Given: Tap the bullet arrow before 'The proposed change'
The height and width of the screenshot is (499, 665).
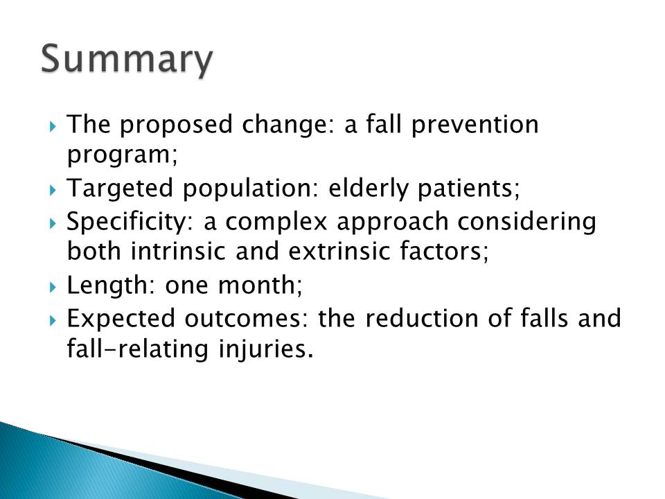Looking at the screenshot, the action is tap(53, 126).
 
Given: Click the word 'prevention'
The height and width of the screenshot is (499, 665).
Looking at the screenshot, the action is tap(475, 125).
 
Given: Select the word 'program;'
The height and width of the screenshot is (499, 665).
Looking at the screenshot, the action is tap(123, 155).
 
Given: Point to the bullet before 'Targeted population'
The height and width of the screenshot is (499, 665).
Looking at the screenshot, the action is tap(53, 190).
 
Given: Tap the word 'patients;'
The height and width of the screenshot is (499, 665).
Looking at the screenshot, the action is tap(469, 188).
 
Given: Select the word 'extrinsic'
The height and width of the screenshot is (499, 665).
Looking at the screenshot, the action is tap(339, 251).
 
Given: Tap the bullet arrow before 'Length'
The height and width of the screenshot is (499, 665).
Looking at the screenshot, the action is tap(53, 287).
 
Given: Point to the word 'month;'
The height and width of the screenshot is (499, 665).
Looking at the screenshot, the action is tap(260, 285).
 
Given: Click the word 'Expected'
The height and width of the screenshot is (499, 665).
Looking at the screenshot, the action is tap(121, 319).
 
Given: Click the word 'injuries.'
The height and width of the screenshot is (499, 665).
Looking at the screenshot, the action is tap(266, 349).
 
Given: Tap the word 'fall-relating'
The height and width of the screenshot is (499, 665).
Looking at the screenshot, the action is tap(138, 349).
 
